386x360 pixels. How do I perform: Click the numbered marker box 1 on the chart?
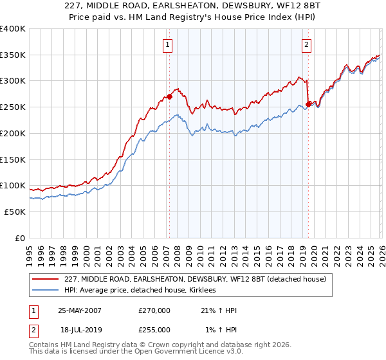click(167, 44)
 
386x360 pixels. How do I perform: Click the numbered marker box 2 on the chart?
click(306, 44)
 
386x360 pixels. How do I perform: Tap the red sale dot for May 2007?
click(170, 96)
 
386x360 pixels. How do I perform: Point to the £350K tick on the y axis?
click(13, 55)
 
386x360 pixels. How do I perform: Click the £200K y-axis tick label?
click(13, 133)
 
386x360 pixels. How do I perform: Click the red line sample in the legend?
click(46, 279)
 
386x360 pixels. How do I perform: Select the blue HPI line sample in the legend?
click(46, 291)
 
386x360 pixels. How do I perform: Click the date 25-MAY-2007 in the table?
click(80, 310)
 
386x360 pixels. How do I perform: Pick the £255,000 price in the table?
click(154, 330)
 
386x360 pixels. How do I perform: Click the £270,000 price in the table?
click(154, 310)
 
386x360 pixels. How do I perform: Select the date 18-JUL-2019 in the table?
click(80, 330)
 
